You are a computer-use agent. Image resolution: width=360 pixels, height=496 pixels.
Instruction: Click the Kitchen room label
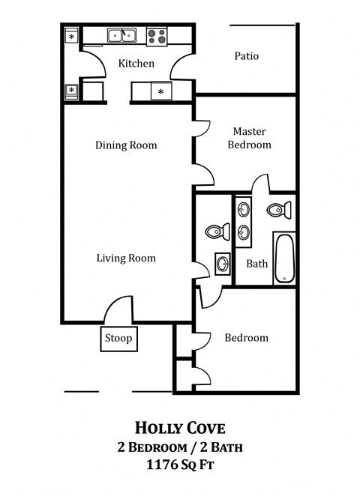coord(136,64)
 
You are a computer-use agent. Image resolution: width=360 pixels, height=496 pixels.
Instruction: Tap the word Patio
coord(246,56)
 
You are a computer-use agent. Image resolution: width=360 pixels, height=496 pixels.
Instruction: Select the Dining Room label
coord(126,145)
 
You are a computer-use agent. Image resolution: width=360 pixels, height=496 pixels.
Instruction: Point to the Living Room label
coord(126,258)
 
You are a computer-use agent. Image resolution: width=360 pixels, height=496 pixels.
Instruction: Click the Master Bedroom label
coord(249,138)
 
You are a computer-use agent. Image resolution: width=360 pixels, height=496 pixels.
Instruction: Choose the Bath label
coord(256,264)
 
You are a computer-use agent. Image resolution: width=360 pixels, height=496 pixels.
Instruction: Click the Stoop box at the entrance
coord(118,339)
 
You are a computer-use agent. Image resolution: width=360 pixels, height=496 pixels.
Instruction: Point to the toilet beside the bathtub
coord(280,209)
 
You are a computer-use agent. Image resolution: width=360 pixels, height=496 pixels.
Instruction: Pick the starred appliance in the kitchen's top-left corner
coord(72,36)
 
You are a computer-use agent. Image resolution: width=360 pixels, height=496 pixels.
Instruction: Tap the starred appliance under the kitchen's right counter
coord(160,92)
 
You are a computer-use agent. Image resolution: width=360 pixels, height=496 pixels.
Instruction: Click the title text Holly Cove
coord(179,428)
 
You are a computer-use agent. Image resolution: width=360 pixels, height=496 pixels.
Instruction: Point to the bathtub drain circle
coord(284,279)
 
